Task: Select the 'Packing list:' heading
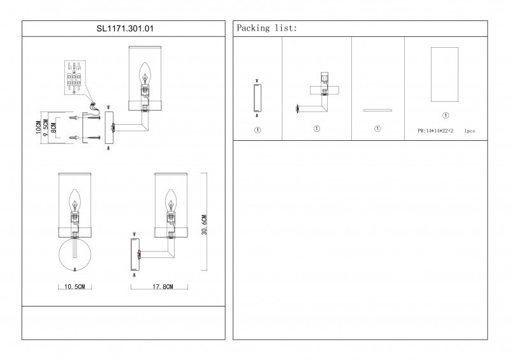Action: click(266, 29)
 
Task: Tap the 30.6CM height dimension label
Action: click(205, 225)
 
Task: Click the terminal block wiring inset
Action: click(75, 76)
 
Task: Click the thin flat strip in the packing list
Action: click(377, 110)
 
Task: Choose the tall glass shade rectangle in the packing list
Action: click(445, 74)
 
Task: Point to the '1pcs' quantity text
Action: click(470, 131)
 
